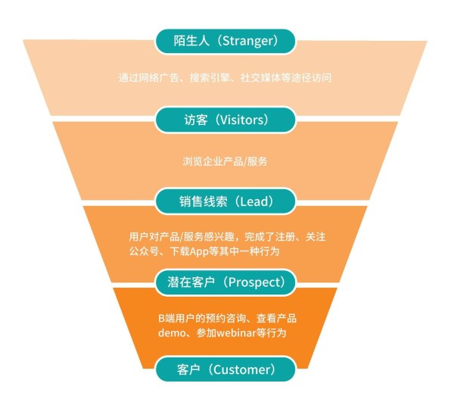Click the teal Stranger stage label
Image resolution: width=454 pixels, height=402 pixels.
(x=225, y=41)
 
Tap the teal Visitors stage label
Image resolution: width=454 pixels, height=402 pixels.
(x=225, y=120)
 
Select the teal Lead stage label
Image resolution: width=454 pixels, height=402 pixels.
(x=225, y=201)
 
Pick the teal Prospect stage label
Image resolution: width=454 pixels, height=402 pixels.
(x=225, y=282)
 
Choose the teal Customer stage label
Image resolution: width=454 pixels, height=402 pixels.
(x=225, y=369)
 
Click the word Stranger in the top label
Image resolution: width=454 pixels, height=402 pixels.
(x=247, y=41)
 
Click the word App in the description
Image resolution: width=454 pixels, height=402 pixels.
(x=200, y=251)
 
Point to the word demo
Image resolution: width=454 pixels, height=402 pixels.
(x=172, y=333)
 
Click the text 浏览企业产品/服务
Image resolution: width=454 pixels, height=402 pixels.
(x=225, y=161)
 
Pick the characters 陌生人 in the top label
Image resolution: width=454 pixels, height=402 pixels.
(x=191, y=41)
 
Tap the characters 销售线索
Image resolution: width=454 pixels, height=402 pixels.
(x=204, y=201)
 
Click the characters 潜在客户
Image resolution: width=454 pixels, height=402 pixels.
(x=191, y=282)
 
